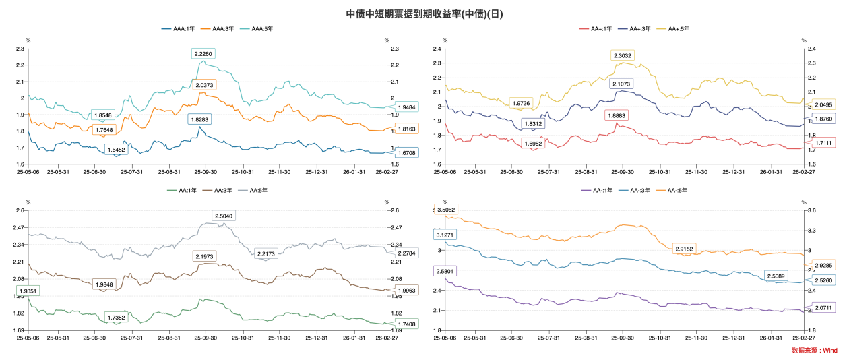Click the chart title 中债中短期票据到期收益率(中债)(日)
424,13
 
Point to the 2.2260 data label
203,53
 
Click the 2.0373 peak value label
203,85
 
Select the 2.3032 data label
623,55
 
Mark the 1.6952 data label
534,143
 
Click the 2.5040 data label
224,216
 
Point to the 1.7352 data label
119,317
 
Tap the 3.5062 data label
445,210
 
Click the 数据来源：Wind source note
814,351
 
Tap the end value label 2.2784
402,253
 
